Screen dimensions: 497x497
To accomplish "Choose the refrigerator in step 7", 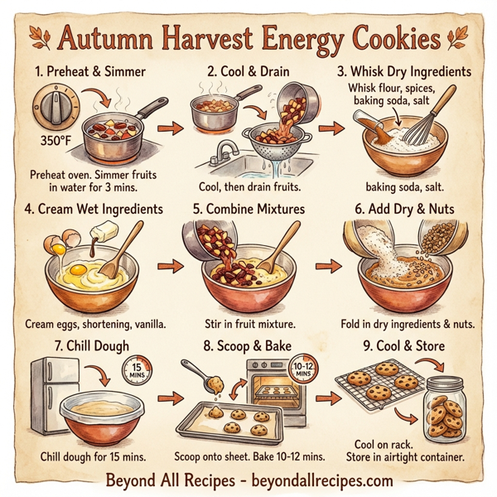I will tap(51, 396).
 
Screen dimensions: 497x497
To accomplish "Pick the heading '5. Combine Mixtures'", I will tap(248, 209).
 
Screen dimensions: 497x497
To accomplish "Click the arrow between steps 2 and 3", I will tap(329, 128).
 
